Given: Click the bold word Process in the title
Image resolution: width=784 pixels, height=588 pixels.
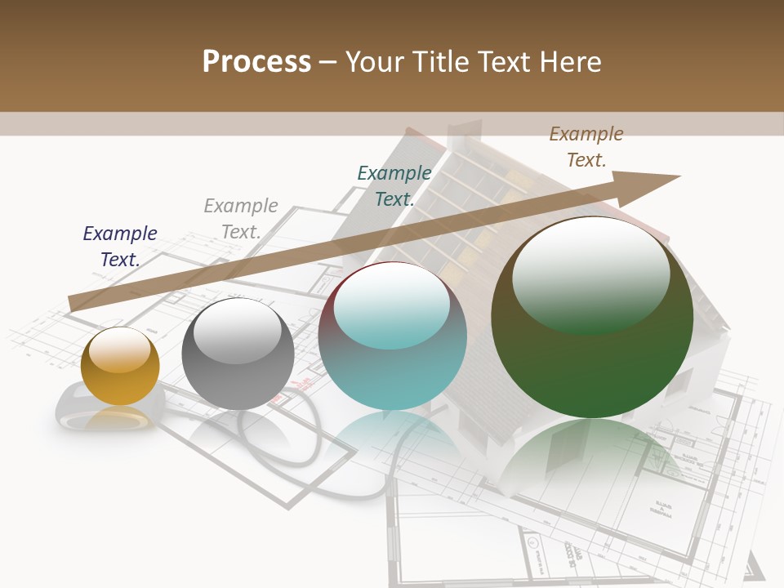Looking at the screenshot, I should tap(256, 62).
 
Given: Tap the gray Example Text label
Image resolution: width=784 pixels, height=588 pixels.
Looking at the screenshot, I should tap(241, 219).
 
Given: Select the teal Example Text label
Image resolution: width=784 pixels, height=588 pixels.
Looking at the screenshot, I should tap(394, 186).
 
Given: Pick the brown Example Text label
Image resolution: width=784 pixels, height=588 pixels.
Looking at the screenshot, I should tap(586, 147).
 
